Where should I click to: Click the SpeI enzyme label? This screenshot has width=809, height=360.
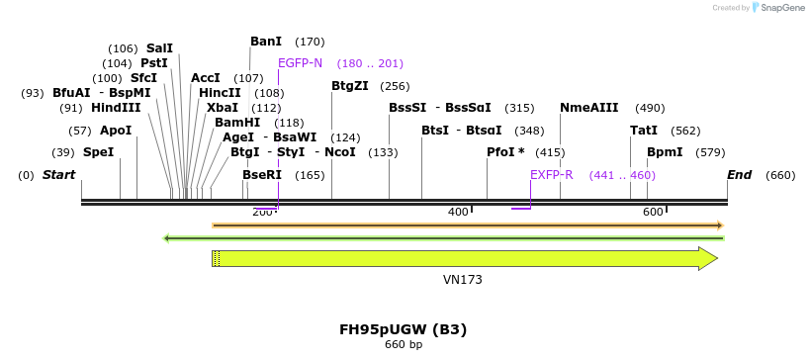click(98, 152)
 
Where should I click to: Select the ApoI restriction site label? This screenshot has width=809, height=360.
click(116, 131)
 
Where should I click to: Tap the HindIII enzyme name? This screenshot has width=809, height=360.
click(116, 108)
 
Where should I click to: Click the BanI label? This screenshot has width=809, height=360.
click(266, 42)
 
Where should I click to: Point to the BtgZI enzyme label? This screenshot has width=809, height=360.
click(350, 86)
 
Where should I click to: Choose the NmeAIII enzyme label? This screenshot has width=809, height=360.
click(589, 108)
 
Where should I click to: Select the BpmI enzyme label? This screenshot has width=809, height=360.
click(665, 152)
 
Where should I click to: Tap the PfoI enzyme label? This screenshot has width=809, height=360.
click(505, 152)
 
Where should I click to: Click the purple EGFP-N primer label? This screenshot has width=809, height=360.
click(300, 63)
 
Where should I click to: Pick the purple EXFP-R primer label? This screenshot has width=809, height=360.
click(552, 175)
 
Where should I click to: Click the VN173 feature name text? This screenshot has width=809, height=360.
click(462, 280)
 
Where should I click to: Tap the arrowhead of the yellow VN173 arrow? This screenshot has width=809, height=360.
click(707, 258)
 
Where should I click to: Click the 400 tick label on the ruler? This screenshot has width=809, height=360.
click(458, 213)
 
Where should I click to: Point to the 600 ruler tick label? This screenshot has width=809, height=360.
click(653, 213)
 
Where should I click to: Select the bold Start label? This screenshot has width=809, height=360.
click(58, 175)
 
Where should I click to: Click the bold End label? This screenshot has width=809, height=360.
click(739, 175)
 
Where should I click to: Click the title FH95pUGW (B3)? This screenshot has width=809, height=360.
click(403, 329)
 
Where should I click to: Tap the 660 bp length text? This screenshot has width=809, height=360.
click(403, 345)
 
